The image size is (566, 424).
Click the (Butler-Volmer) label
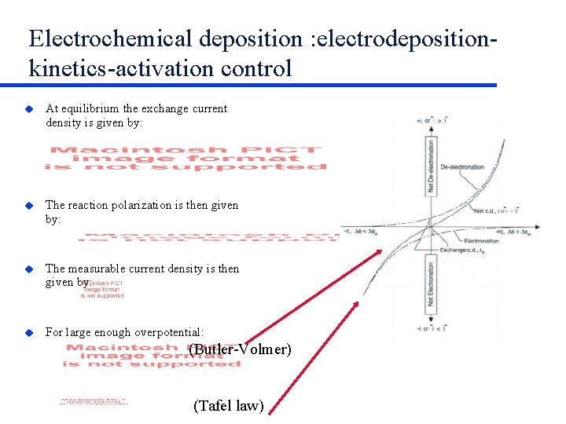[x=241, y=349]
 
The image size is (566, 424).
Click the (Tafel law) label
[x=228, y=405]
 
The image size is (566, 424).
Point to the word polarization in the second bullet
[x=138, y=205]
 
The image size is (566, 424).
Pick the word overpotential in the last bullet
[x=168, y=332]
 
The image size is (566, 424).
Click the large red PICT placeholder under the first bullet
[x=186, y=157]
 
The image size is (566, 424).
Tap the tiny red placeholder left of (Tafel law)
[x=94, y=401]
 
